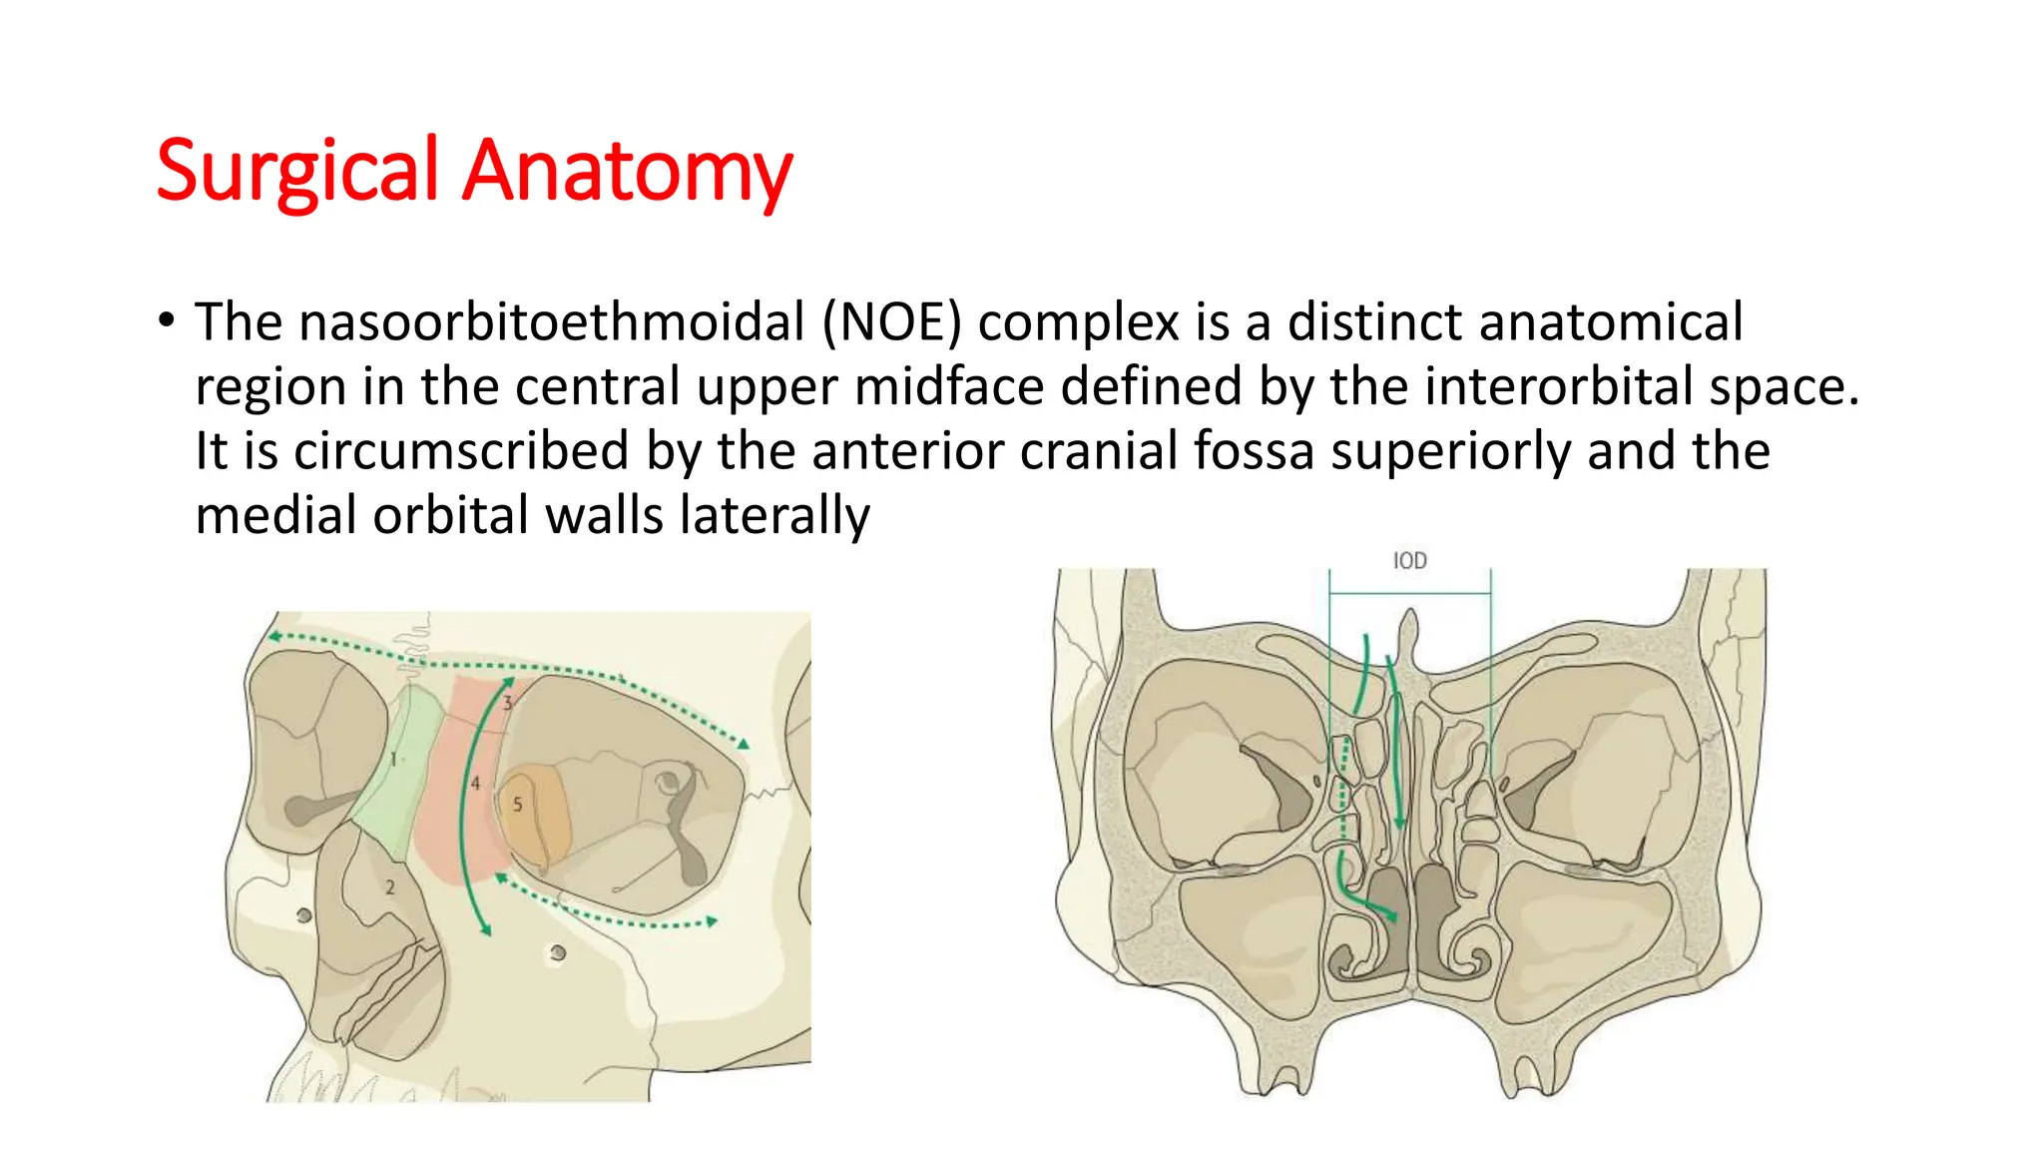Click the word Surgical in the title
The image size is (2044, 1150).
(x=296, y=171)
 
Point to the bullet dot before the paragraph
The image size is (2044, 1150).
(x=166, y=320)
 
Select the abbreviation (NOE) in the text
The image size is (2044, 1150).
(x=892, y=321)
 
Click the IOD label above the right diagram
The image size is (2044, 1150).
(x=1409, y=561)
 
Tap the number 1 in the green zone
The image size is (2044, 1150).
(x=393, y=760)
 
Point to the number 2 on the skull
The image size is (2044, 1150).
(x=390, y=886)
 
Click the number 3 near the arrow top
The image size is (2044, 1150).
(x=507, y=703)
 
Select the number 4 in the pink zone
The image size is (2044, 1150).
(x=475, y=784)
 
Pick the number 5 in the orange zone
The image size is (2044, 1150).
(x=517, y=804)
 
